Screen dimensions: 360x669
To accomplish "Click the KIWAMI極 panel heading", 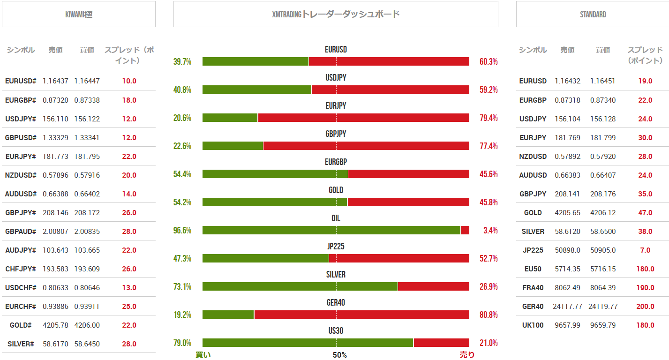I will [79, 15].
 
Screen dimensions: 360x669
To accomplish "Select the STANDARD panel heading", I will [593, 15].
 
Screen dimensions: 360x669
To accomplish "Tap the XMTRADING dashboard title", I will [336, 15].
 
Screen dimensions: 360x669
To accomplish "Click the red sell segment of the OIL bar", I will [465, 230].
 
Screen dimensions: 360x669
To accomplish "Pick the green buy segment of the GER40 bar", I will [228, 315].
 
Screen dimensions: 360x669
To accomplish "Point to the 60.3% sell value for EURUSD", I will [489, 62].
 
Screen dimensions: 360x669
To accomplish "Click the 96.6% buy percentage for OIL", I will [182, 231].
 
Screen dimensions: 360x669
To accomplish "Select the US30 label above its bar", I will [336, 331].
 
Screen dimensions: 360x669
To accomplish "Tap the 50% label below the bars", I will [339, 355].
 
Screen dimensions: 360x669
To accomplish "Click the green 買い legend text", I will [203, 355].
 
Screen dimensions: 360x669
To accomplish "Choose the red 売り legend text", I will [467, 355].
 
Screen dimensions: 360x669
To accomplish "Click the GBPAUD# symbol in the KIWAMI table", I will [21, 231].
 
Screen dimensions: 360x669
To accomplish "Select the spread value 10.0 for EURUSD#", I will [129, 81].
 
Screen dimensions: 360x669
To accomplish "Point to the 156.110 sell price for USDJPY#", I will [55, 119].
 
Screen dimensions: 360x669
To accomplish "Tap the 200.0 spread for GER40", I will [645, 306].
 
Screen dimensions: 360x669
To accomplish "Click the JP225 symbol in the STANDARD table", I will [533, 250].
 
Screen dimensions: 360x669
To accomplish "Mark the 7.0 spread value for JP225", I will [645, 250].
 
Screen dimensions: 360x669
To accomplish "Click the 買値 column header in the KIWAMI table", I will [87, 50].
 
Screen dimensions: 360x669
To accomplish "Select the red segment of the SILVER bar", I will [433, 286].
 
